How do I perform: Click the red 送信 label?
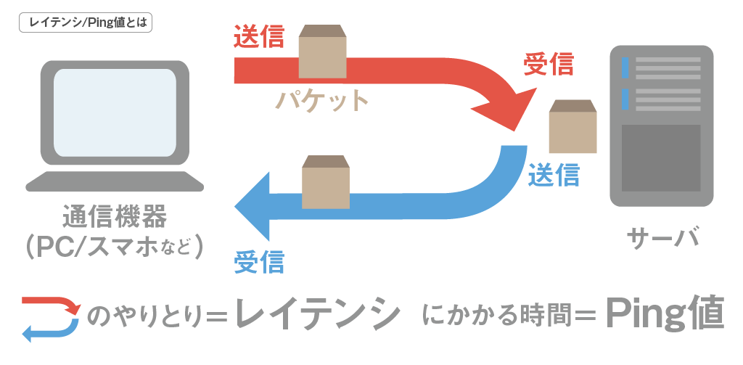point(259,37)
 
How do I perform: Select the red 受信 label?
point(549,65)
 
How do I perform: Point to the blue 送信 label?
point(554,175)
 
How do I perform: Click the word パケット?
point(323,100)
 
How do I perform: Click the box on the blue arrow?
point(326,182)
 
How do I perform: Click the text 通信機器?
point(115,216)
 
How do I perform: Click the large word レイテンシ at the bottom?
point(319,313)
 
